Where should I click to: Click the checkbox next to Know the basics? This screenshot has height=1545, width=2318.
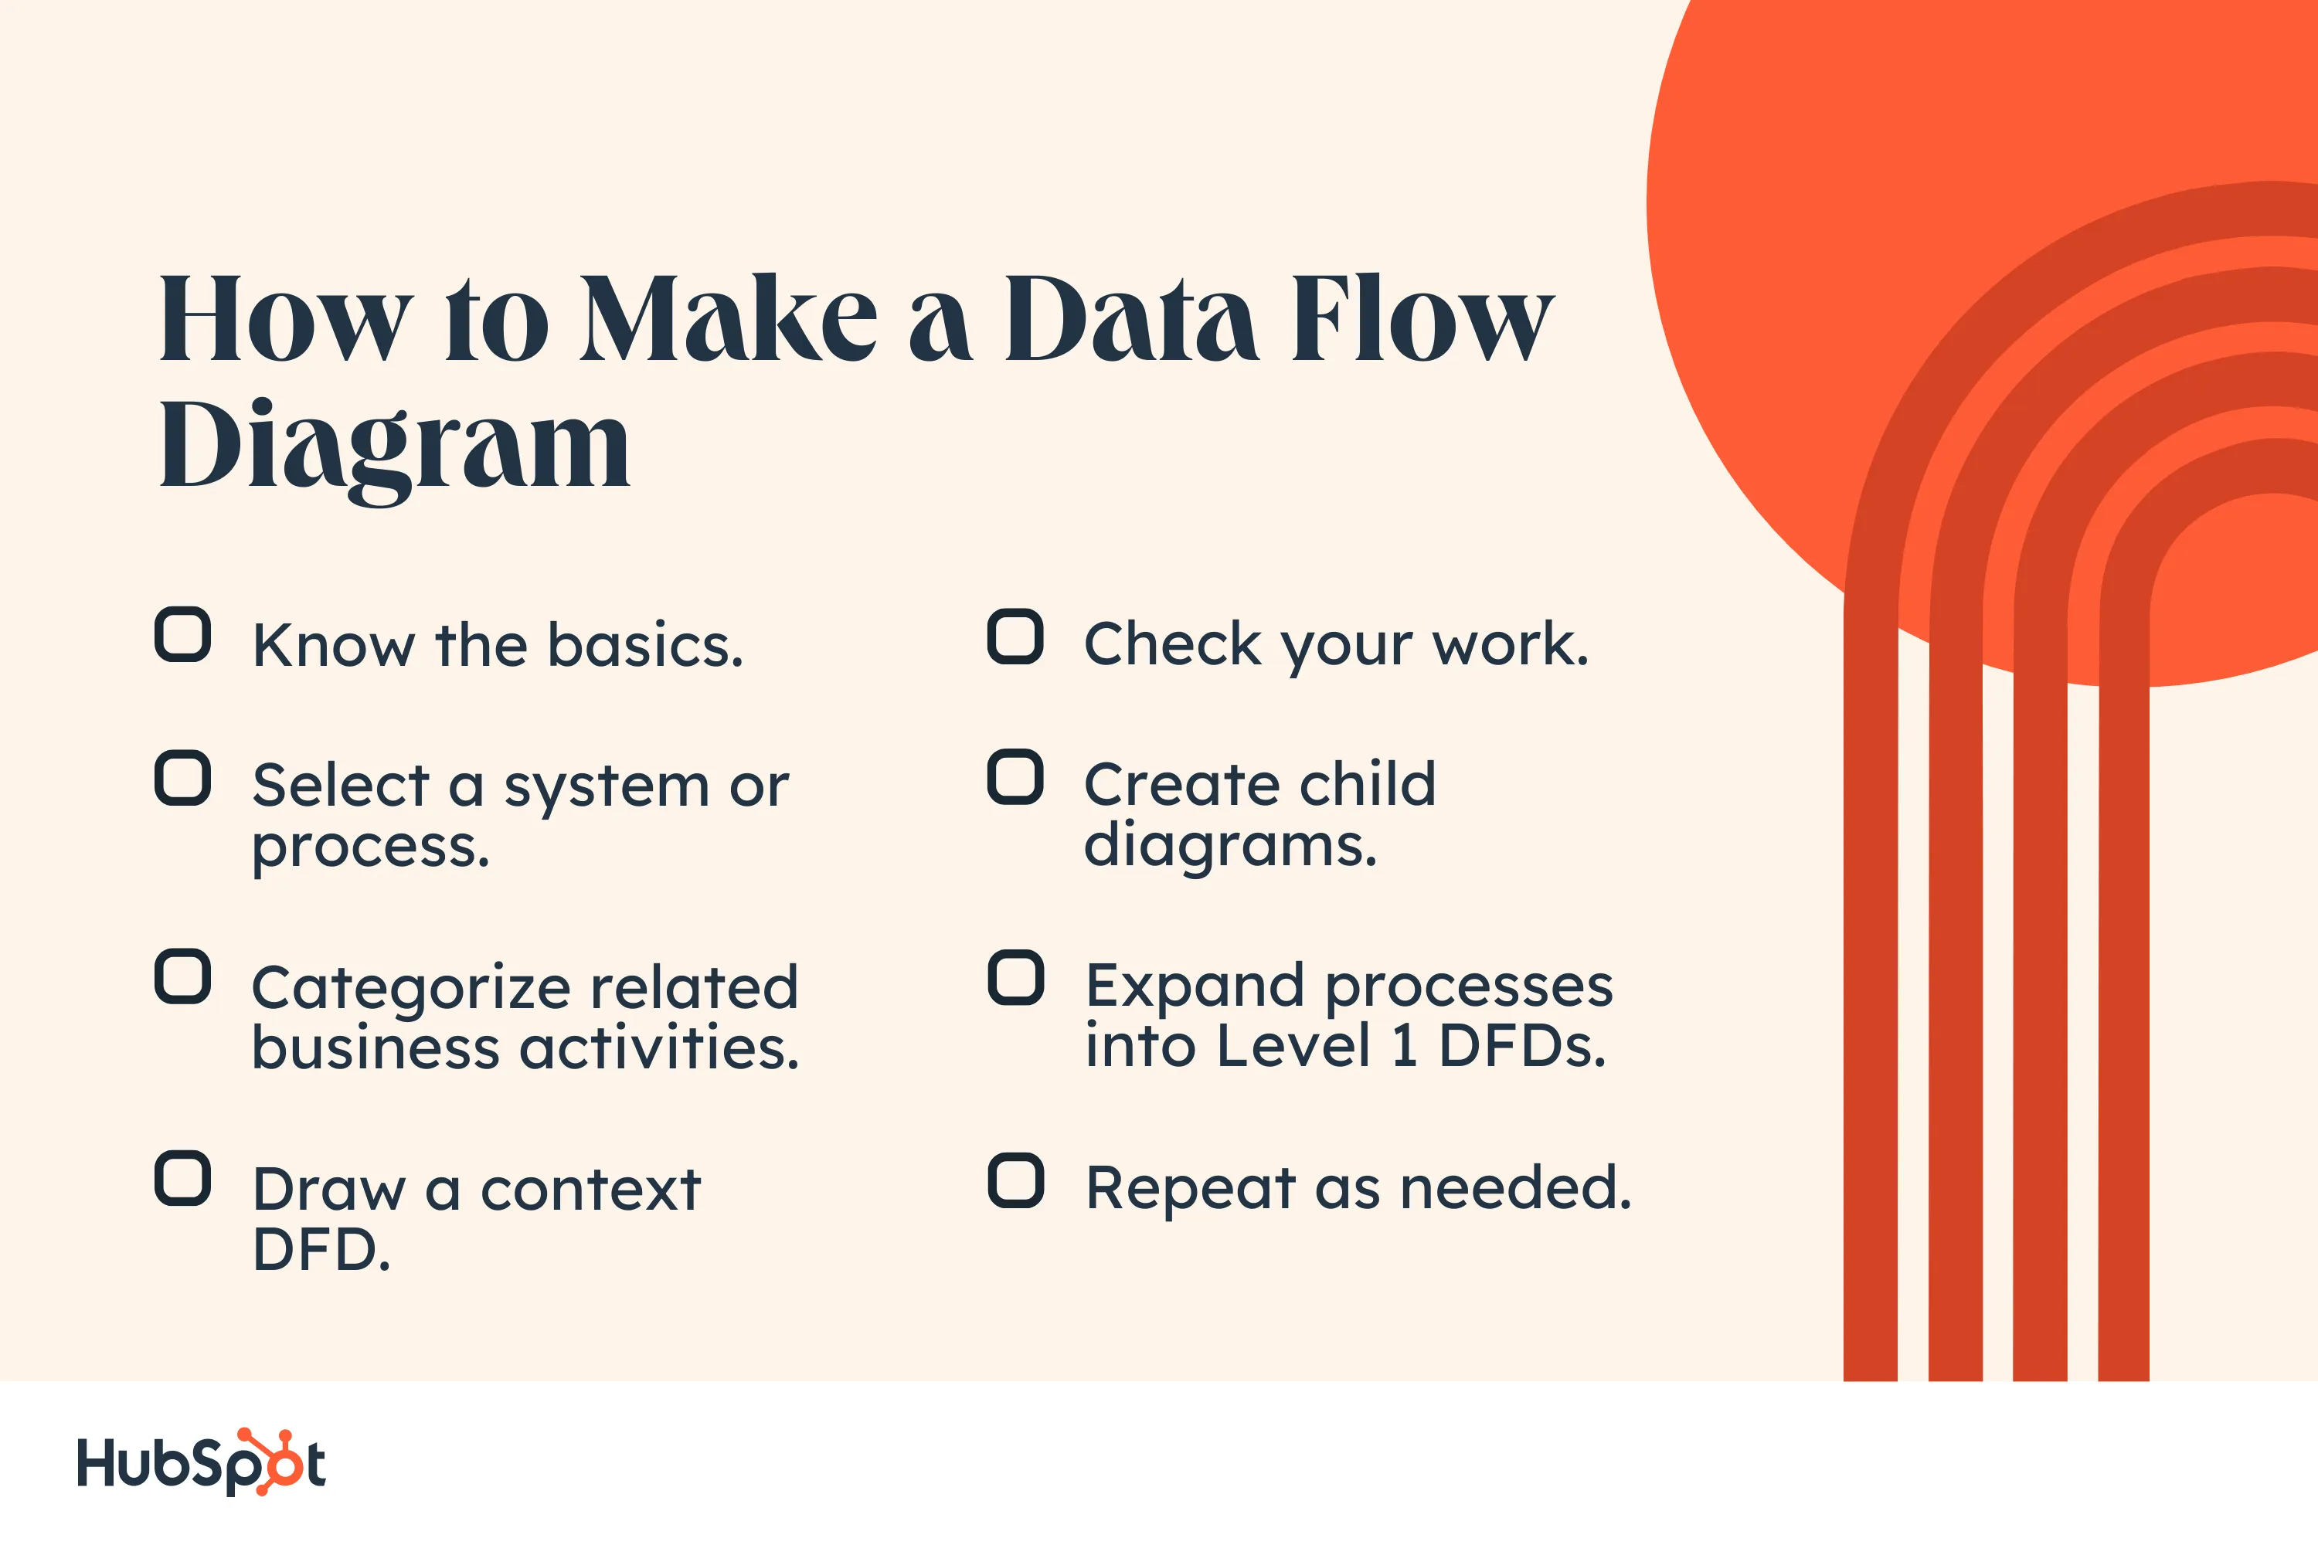pyautogui.click(x=182, y=634)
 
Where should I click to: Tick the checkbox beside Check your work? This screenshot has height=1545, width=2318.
pyautogui.click(x=1015, y=637)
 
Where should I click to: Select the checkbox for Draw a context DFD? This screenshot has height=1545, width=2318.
pyautogui.click(x=182, y=1179)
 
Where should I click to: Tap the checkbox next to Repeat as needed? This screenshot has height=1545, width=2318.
pyautogui.click(x=1015, y=1180)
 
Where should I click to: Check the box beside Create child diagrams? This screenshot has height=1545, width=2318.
pyautogui.click(x=1015, y=777)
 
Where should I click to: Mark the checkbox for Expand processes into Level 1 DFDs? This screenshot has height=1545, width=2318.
pyautogui.click(x=1015, y=979)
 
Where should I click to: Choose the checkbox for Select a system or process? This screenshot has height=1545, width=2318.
pyautogui.click(x=182, y=779)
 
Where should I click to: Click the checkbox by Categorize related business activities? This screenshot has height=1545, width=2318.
pyautogui.click(x=182, y=977)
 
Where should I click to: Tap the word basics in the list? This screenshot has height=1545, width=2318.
pyautogui.click(x=644, y=647)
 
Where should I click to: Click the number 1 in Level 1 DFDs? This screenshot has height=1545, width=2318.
pyautogui.click(x=1405, y=1047)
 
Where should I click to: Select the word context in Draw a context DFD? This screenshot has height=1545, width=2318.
pyautogui.click(x=590, y=1190)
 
